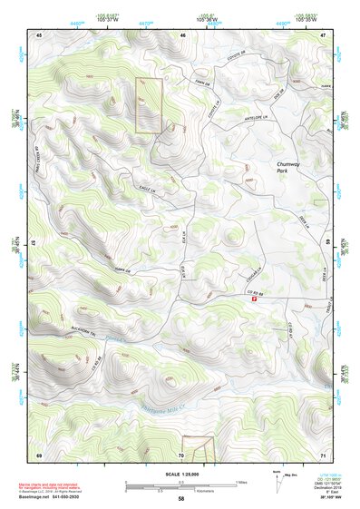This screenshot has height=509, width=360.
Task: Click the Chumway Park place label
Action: click(x=289, y=167)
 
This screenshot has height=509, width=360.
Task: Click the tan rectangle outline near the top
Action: click(x=148, y=105)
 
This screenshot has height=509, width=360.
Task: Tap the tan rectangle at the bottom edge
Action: click(x=197, y=448)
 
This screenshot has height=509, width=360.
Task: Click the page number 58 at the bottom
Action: click(x=180, y=498)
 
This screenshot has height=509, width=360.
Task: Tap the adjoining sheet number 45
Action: click(x=39, y=34)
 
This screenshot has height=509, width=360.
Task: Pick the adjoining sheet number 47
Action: click(x=323, y=34)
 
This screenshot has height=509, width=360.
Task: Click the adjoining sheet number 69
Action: click(x=39, y=454)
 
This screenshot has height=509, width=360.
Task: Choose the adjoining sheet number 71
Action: click(x=323, y=454)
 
